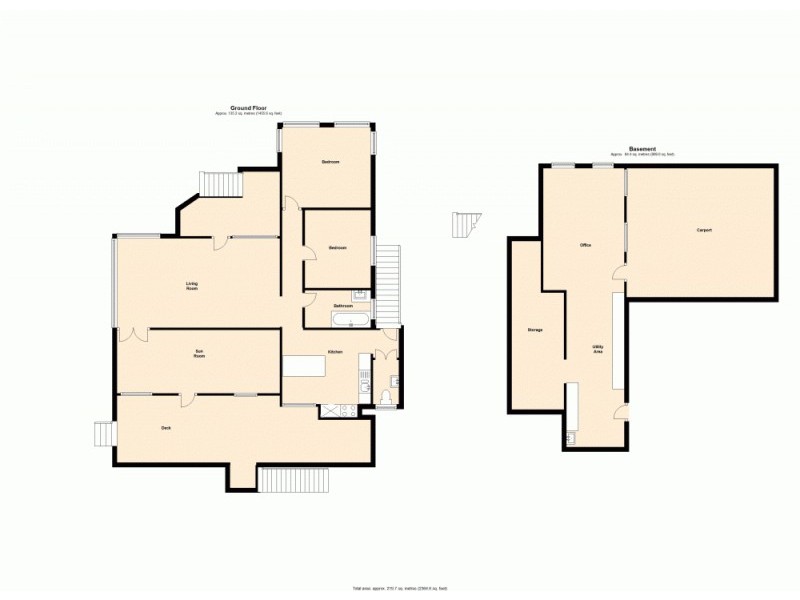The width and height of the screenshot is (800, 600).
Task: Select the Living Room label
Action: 191,285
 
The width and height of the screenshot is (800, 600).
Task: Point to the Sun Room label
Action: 200,353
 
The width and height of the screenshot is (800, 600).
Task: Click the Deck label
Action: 166,428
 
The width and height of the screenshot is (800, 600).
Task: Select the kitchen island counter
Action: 305,367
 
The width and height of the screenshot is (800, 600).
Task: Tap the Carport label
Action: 704,230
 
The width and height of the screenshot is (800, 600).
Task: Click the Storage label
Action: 535,329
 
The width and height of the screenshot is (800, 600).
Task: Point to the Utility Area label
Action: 597,350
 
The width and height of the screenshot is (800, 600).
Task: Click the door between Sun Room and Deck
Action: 187,400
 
